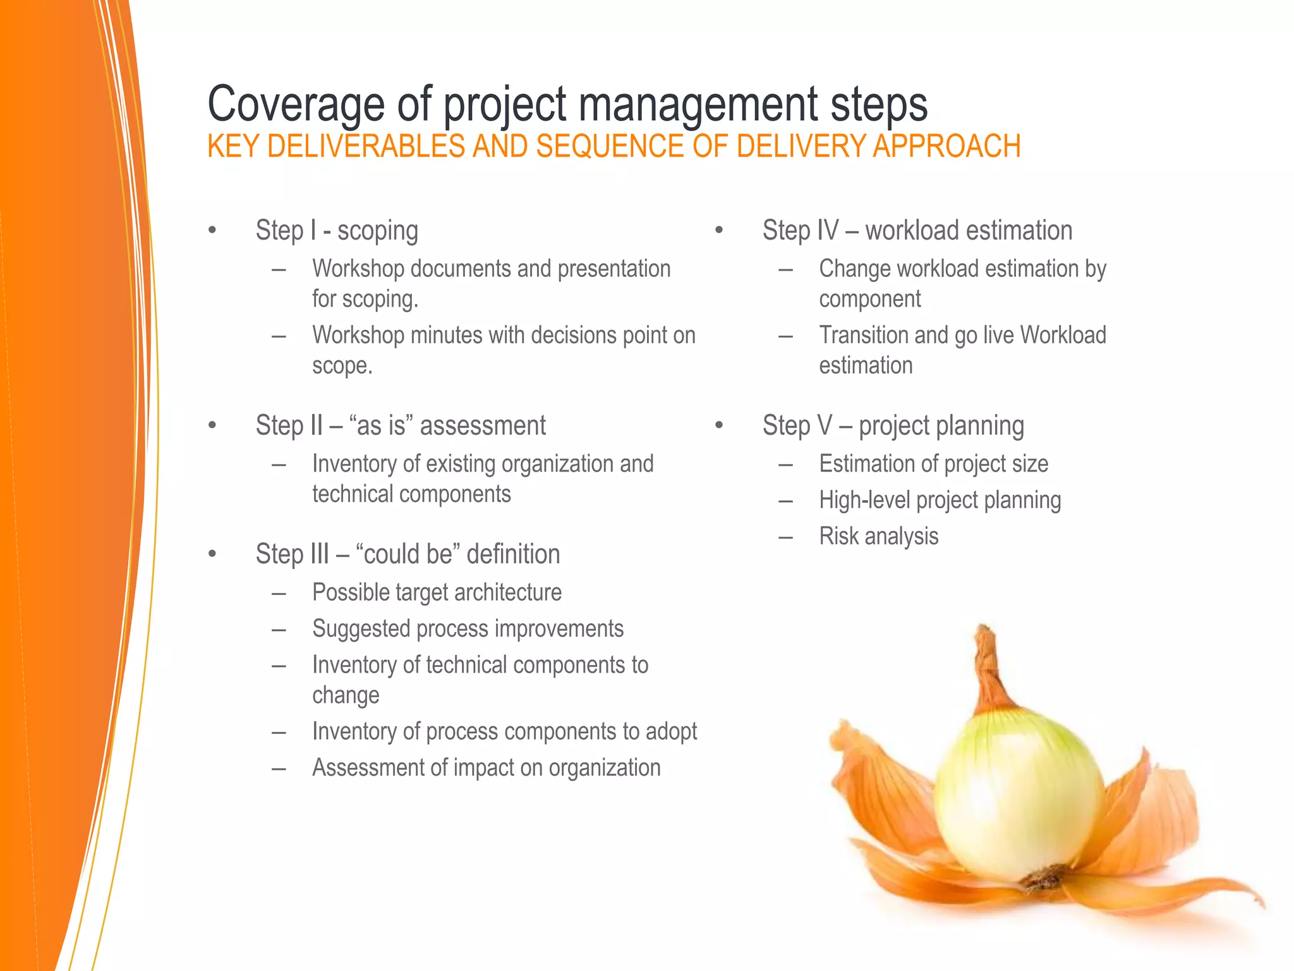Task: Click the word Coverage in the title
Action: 296,105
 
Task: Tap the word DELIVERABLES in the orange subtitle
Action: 366,147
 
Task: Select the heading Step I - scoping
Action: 337,231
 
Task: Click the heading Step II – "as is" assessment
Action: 401,426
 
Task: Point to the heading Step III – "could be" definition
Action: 408,554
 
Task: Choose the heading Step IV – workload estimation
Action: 917,231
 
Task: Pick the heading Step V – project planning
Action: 893,426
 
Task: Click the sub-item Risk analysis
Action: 878,537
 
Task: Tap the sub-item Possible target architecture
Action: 437,593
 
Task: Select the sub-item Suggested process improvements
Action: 468,629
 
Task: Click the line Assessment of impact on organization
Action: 486,768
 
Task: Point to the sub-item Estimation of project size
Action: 933,464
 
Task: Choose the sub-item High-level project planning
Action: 940,501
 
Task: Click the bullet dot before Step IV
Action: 719,231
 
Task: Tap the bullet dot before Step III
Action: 212,554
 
